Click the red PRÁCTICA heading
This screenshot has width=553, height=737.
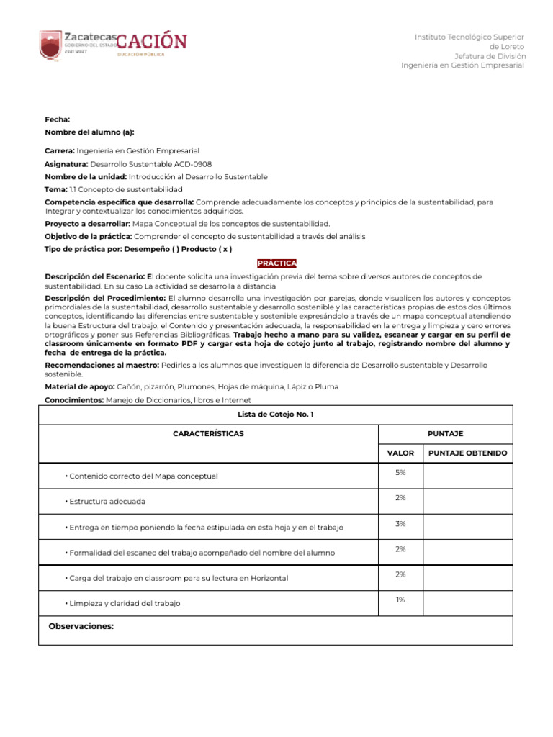(x=276, y=263)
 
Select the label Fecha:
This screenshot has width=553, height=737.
(x=58, y=119)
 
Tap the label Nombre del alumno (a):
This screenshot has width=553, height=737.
(x=89, y=132)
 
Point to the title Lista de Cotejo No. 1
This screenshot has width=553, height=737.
(x=276, y=415)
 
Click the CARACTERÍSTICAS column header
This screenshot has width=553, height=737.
(x=208, y=434)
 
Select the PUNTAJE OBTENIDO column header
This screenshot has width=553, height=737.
(x=467, y=453)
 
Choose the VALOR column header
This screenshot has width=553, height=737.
(x=400, y=453)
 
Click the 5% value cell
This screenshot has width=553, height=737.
(x=400, y=472)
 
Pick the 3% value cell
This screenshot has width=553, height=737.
(x=400, y=524)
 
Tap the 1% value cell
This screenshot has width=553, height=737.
(x=400, y=600)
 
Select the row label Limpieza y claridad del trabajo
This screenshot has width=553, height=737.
(x=122, y=603)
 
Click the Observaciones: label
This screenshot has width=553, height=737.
(x=81, y=627)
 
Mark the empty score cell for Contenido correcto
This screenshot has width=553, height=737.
(x=467, y=476)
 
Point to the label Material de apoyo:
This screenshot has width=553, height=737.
(x=73, y=386)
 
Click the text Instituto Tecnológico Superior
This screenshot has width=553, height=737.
(x=469, y=37)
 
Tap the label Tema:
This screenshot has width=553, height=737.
(x=55, y=189)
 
